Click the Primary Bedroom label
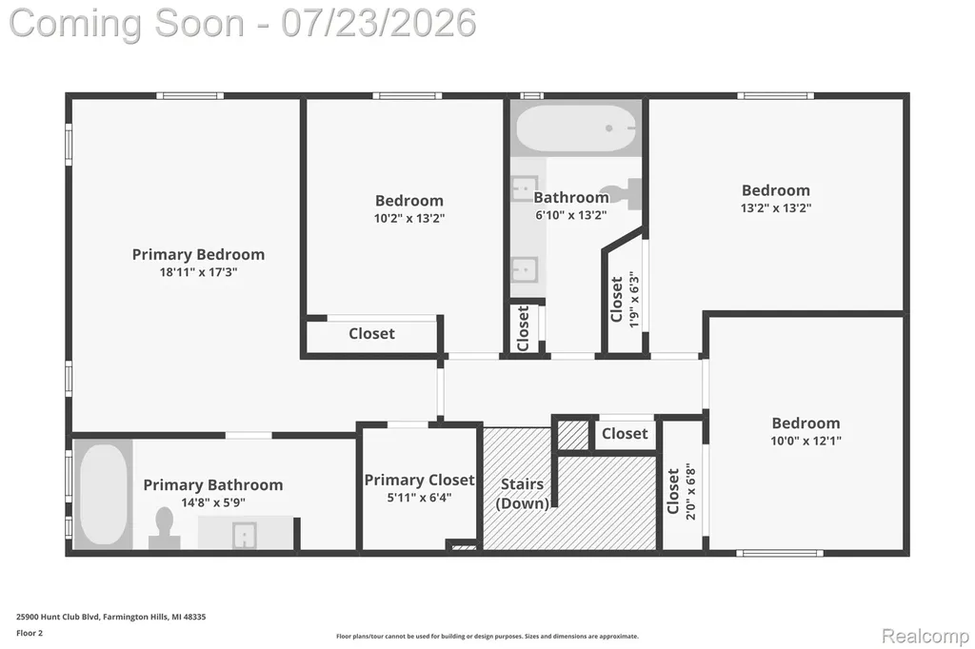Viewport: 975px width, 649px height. click(198, 254)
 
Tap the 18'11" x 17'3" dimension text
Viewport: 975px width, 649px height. click(198, 271)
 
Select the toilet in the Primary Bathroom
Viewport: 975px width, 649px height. click(164, 528)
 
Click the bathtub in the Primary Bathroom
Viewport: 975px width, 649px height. click(103, 494)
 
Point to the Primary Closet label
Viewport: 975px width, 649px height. click(419, 480)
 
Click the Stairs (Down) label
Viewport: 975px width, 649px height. click(523, 494)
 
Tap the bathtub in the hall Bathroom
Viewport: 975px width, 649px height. click(576, 128)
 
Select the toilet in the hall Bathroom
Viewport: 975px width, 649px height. click(621, 194)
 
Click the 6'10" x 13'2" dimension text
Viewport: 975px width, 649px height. click(571, 215)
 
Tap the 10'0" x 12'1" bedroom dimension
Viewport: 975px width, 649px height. click(806, 441)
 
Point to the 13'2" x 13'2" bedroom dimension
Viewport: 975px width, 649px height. click(775, 207)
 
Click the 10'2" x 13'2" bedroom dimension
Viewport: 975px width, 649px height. click(409, 218)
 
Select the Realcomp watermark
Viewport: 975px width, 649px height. click(925, 636)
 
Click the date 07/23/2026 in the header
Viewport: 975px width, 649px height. click(379, 23)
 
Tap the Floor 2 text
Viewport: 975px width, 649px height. click(30, 634)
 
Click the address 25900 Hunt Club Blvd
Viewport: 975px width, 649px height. click(58, 617)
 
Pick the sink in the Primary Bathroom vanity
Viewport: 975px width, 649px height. click(245, 535)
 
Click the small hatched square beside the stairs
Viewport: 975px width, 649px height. click(572, 435)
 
